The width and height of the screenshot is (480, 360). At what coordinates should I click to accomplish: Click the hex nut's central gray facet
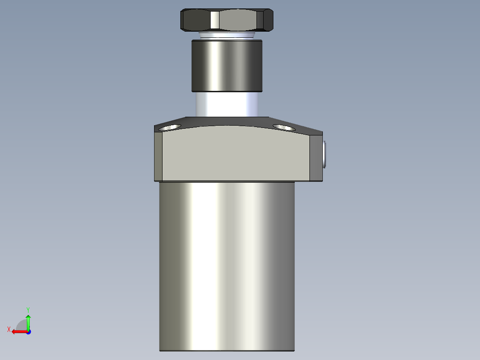(238, 20)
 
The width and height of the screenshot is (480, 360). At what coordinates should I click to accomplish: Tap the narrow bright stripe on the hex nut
(215, 20)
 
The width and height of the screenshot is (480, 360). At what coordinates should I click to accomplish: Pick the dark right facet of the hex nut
(265, 20)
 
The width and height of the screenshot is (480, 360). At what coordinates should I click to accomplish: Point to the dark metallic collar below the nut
(227, 65)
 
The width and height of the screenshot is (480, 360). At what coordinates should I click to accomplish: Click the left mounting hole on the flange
(170, 127)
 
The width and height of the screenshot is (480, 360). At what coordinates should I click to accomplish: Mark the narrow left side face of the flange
(158, 156)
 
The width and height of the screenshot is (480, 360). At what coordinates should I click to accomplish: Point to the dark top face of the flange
(227, 121)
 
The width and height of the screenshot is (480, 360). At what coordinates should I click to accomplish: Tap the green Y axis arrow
(28, 321)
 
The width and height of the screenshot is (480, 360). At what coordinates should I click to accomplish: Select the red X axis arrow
(18, 331)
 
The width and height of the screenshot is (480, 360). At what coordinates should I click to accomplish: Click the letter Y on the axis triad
(28, 309)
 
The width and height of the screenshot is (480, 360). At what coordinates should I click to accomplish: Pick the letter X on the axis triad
(9, 330)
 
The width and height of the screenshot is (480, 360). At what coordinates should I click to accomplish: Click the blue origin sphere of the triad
(28, 332)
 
